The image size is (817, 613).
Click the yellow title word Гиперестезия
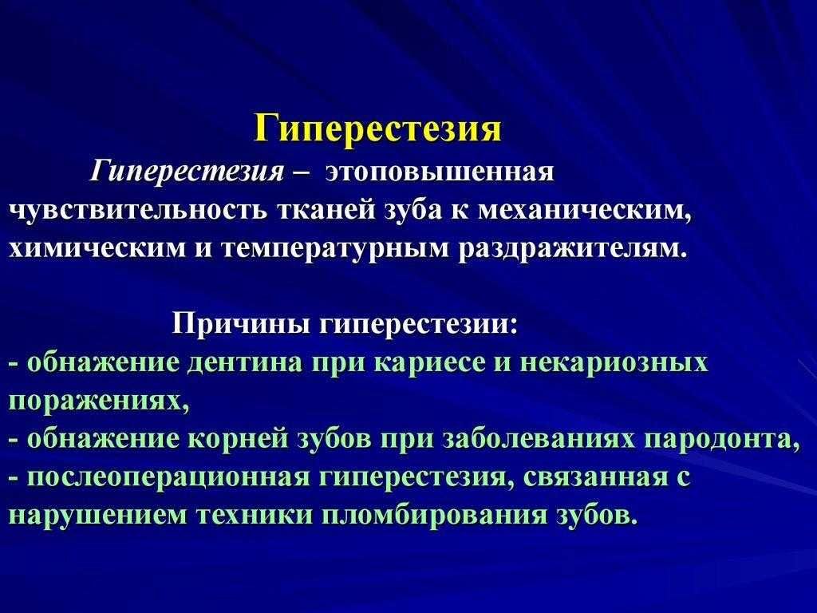click(377, 129)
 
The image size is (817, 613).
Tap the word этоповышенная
click(440, 172)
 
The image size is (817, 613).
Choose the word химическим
click(97, 248)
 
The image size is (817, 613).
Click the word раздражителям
click(570, 250)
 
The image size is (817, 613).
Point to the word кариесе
click(429, 363)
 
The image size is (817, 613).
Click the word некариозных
click(615, 363)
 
